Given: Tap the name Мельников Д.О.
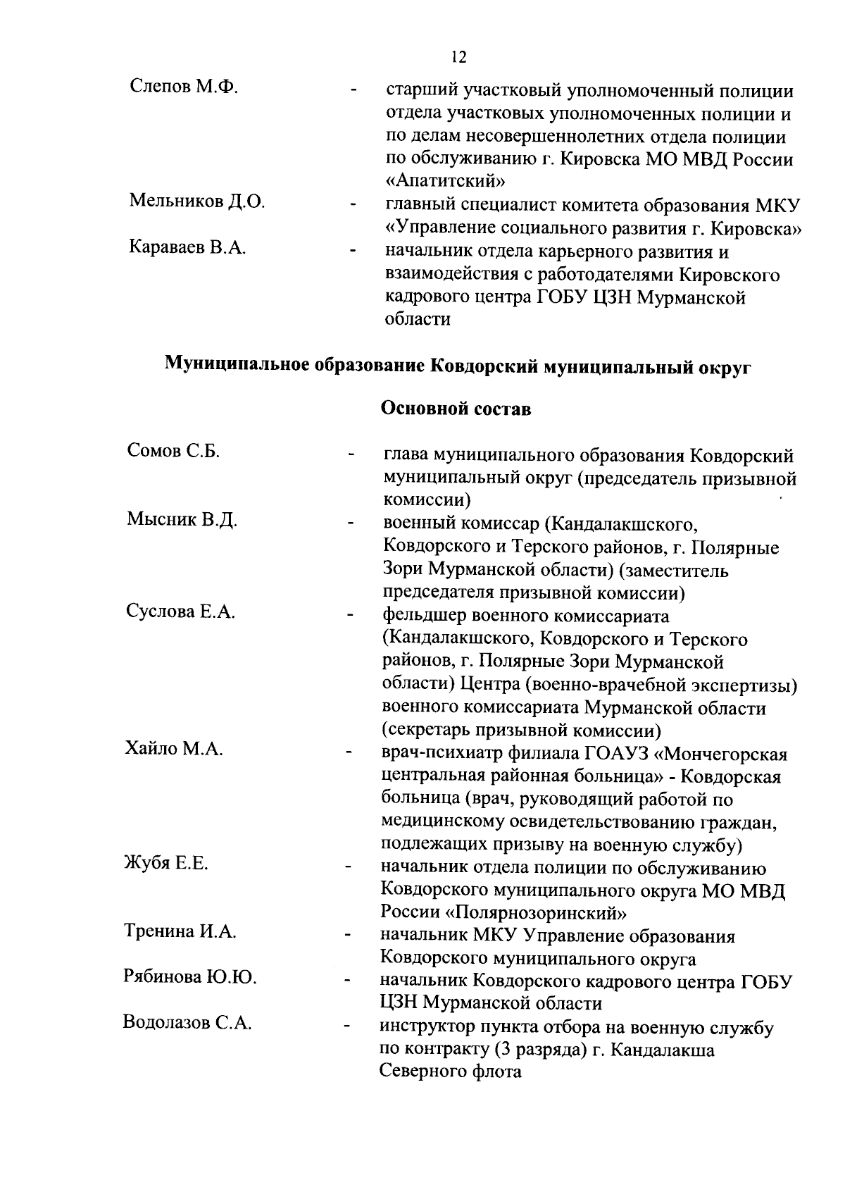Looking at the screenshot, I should click(x=197, y=201).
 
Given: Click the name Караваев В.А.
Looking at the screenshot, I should click(x=187, y=247).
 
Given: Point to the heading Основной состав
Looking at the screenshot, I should click(x=456, y=409).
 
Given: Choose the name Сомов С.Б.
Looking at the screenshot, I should click(x=174, y=450).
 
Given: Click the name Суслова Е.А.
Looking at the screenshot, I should click(x=181, y=611).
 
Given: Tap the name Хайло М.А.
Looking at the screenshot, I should click(x=175, y=748).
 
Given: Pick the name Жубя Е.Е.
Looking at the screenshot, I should click(x=167, y=863).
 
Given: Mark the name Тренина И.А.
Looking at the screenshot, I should click(x=180, y=931).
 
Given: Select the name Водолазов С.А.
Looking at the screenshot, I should click(x=187, y=1022).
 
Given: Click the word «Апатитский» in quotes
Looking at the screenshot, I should click(x=446, y=181).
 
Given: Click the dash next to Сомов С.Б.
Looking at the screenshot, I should click(x=350, y=456).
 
